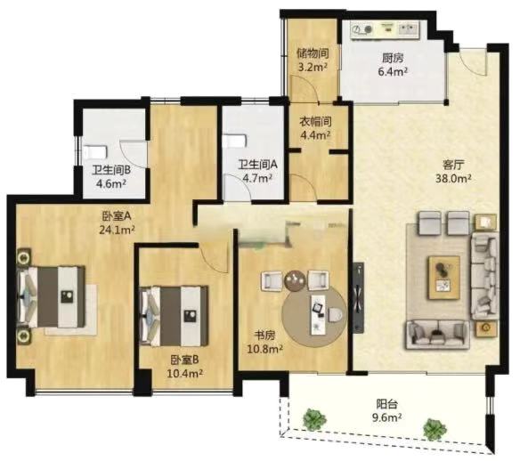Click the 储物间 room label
pos(313,53)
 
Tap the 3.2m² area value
pos(313,67)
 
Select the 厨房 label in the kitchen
pos(393,58)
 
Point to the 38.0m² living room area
pos(453,178)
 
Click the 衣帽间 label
pos(315,121)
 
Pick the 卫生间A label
pos(257,165)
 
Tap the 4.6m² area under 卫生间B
pos(111,183)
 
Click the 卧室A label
pos(117,215)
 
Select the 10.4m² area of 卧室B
pos(185,373)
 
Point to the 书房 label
pos(264,336)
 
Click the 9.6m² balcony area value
pos(386,417)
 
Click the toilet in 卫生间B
pos(95,152)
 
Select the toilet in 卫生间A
pos(236,142)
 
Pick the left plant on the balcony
pos(314,419)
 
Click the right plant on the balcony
pos(435,429)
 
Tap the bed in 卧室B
pos(174,316)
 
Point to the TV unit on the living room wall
pos(358,297)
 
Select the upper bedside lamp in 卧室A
pos(24,258)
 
